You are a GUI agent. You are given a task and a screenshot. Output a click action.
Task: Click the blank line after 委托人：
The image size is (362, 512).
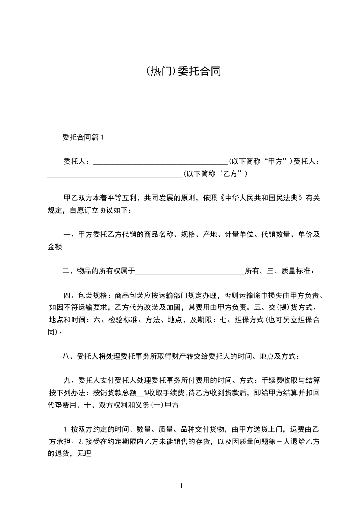[160, 162]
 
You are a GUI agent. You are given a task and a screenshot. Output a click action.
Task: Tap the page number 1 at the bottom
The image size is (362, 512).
[181, 486]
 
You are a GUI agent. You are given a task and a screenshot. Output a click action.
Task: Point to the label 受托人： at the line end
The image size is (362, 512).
[306, 162]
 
